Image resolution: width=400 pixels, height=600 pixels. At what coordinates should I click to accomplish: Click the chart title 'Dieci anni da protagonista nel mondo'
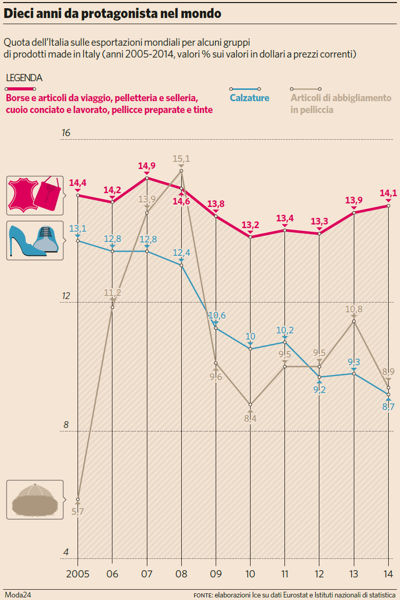pyautogui.click(x=112, y=14)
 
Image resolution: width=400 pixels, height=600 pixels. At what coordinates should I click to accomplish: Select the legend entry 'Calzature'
pyautogui.click(x=250, y=98)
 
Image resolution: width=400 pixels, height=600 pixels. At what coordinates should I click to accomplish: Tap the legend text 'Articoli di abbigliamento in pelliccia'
pyautogui.click(x=340, y=103)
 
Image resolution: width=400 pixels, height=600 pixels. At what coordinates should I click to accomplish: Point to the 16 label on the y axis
pyautogui.click(x=66, y=133)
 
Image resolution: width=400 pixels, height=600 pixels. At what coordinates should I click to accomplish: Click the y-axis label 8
pyautogui.click(x=66, y=425)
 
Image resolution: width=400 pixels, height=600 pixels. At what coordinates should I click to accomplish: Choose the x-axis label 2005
pyautogui.click(x=78, y=573)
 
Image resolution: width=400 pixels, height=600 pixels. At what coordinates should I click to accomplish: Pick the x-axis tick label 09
pyautogui.click(x=216, y=573)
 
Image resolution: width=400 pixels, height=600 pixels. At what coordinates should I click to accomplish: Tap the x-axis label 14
pyautogui.click(x=388, y=573)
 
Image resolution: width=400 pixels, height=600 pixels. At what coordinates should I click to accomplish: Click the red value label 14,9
pyautogui.click(x=147, y=166)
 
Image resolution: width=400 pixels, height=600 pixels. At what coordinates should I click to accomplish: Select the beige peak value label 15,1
pyautogui.click(x=181, y=159)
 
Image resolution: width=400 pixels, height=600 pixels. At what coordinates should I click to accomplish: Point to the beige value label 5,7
pyautogui.click(x=78, y=512)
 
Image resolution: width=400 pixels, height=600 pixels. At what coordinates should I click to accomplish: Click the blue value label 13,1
pyautogui.click(x=78, y=229)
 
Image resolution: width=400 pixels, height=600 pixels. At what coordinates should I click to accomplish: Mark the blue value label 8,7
pyautogui.click(x=388, y=407)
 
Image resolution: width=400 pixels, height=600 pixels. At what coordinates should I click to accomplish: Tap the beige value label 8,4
pyautogui.click(x=250, y=419)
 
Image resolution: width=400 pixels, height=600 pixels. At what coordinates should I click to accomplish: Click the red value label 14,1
pyautogui.click(x=388, y=194)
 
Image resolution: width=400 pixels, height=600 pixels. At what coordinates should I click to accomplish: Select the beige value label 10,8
pyautogui.click(x=354, y=309)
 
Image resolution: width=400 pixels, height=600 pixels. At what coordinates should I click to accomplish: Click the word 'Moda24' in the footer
pyautogui.click(x=18, y=594)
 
